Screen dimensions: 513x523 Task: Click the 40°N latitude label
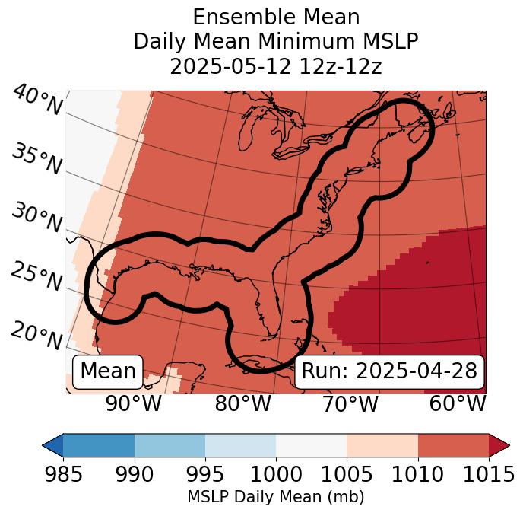(x=37, y=100)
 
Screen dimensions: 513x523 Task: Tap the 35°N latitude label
(x=36, y=158)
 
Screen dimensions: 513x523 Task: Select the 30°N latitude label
(x=36, y=218)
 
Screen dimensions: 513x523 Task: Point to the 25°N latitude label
(x=36, y=276)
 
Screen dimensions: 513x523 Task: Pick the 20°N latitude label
(x=36, y=334)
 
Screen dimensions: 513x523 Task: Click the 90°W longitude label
(x=133, y=403)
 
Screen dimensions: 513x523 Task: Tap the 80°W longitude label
(x=242, y=403)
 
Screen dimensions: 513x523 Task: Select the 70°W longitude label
(x=350, y=403)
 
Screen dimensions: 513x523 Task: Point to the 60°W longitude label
(x=458, y=403)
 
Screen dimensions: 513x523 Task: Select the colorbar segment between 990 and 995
(x=170, y=444)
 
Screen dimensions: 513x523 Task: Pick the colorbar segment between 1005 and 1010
(x=382, y=444)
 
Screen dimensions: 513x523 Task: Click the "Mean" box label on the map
(x=108, y=371)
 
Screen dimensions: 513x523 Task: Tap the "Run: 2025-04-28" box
(x=389, y=371)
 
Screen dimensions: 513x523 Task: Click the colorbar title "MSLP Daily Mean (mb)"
(x=276, y=497)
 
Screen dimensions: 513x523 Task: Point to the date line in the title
(x=276, y=66)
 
